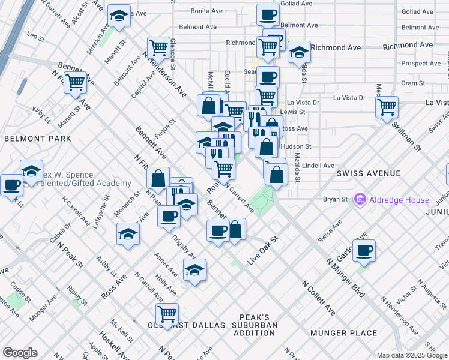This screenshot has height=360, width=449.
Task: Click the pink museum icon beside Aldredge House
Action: pyautogui.click(x=360, y=199)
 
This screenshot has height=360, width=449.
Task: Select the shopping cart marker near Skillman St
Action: pyautogui.click(x=387, y=108)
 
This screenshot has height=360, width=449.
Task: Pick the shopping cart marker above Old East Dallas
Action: pyautogui.click(x=167, y=314)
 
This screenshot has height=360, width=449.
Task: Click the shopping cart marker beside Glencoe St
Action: pyautogui.click(x=158, y=47)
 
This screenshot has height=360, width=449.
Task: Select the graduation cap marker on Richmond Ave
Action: pyautogui.click(x=299, y=53)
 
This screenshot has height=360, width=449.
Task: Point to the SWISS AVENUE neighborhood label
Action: pyautogui.click(x=369, y=173)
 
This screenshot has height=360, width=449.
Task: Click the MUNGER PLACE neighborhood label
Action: pyautogui.click(x=343, y=333)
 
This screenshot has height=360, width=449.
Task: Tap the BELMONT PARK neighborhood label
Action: pyautogui.click(x=37, y=139)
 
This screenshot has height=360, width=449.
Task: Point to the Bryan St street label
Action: pyautogui.click(x=336, y=199)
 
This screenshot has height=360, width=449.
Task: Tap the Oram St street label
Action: pyautogui.click(x=413, y=83)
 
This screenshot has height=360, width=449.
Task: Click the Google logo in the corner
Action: pyautogui.click(x=19, y=353)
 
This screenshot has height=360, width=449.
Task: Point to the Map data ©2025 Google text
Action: pyautogui.click(x=412, y=355)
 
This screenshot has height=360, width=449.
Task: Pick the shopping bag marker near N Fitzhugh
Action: pyautogui.click(x=158, y=178)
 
